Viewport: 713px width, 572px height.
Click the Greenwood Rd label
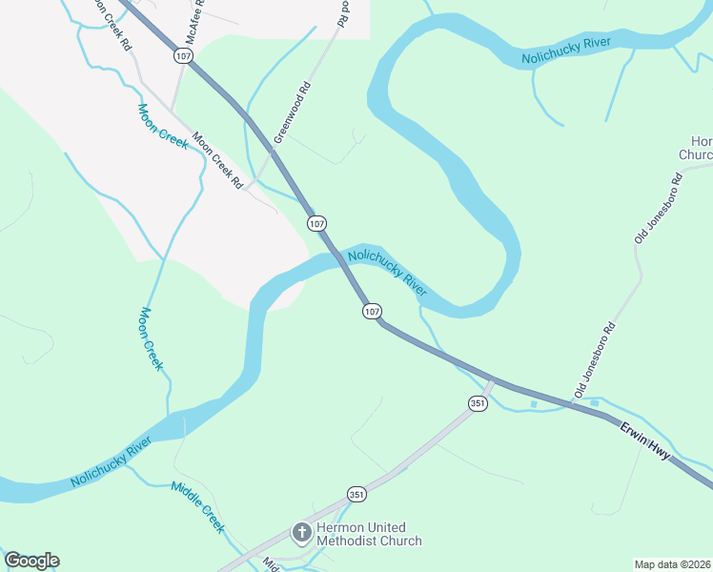(294, 112)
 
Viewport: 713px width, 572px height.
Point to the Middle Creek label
(197, 506)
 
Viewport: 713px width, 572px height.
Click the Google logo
(31, 561)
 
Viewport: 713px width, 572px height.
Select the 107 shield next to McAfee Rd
(183, 56)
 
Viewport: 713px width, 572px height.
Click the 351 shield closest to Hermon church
(356, 494)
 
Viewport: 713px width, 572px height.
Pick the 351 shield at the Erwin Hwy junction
(478, 404)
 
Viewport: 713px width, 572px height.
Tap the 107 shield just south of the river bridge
(372, 311)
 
